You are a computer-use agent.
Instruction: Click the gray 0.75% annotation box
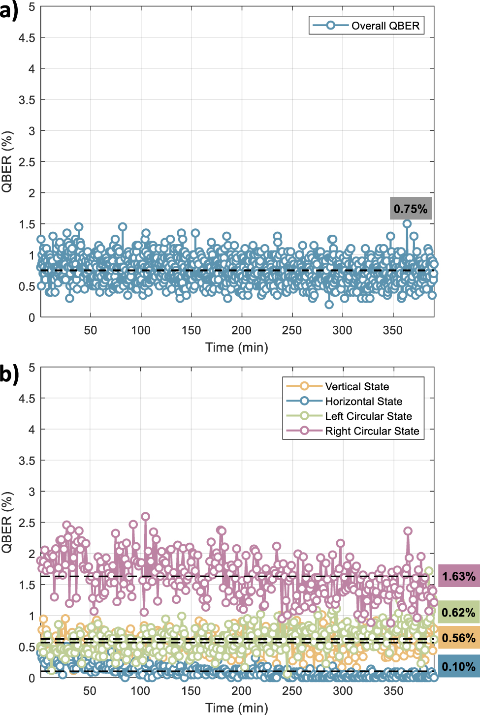coord(411,209)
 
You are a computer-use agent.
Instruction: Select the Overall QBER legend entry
coord(366,26)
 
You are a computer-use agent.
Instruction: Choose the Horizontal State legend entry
coord(344,401)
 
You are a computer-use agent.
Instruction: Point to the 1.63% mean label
coord(458,576)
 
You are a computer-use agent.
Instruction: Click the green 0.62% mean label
coord(458,613)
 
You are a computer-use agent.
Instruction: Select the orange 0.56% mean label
coord(458,638)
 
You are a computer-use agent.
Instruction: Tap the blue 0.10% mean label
coord(458,667)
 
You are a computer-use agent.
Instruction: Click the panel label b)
coord(9,373)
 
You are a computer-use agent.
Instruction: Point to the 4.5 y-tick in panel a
coord(27,38)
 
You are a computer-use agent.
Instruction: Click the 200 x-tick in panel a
coord(241,330)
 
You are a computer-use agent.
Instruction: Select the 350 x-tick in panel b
coord(393,691)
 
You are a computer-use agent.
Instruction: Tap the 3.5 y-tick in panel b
coord(27,461)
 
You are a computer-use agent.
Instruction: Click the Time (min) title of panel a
coord(237,347)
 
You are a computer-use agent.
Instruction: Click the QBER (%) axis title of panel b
coord(7,522)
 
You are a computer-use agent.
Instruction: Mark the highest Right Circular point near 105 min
coord(145,517)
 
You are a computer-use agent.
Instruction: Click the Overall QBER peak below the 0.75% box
coord(407,224)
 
